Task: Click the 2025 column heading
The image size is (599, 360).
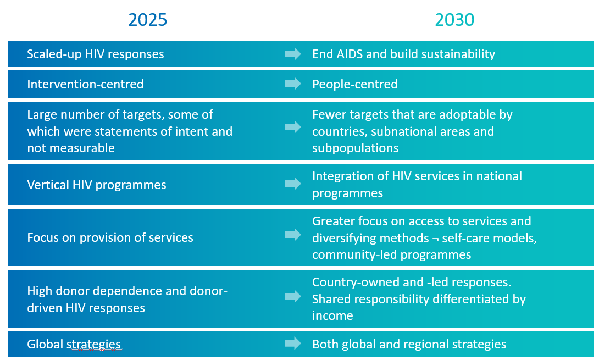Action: [147, 20]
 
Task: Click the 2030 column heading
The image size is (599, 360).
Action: [454, 20]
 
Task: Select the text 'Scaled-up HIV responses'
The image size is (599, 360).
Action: [96, 54]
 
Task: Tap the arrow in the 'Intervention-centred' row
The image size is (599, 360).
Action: [293, 84]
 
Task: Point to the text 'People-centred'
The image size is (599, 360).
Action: [354, 84]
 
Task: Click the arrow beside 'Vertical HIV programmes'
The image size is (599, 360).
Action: [293, 184]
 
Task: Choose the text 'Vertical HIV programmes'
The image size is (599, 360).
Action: [97, 185]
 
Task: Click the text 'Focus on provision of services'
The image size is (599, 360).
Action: [110, 237]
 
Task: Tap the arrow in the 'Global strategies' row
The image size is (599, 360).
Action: [293, 344]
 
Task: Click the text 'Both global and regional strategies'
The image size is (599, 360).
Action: [409, 344]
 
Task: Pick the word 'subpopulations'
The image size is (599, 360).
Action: [355, 148]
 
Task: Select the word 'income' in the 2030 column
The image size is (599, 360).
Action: [332, 315]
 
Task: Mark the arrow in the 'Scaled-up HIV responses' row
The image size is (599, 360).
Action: [293, 54]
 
